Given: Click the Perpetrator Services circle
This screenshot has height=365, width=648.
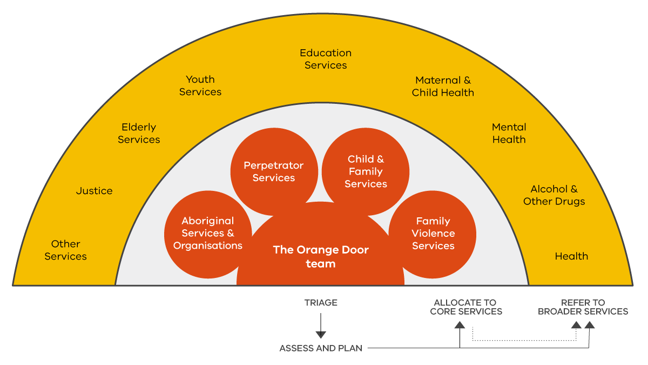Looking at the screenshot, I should [274, 171].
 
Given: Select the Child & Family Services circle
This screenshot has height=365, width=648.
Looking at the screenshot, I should [366, 171].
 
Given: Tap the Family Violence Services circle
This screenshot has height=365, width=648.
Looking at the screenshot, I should [433, 234].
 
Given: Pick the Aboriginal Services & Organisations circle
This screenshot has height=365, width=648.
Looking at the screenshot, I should [208, 234].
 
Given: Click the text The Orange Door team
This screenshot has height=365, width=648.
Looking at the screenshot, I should [321, 256].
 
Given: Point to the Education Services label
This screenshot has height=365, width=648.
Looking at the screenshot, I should [326, 59].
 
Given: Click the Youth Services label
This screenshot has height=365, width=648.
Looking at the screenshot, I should [200, 85].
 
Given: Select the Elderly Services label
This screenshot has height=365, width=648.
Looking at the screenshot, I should [139, 133].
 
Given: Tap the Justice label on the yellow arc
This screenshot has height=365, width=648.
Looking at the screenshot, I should [94, 191].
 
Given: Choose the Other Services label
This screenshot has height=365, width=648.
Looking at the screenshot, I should [66, 250].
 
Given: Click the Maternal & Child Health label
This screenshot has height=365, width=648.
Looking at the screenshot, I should [443, 87].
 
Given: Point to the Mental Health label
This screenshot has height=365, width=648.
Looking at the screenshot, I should [509, 133].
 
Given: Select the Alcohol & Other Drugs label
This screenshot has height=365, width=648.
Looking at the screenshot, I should [554, 195].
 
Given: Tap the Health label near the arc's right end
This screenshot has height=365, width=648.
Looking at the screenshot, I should [571, 256].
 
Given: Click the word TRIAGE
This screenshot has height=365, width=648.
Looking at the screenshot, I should [321, 303].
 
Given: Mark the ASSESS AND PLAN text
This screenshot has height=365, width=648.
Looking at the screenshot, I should [321, 348].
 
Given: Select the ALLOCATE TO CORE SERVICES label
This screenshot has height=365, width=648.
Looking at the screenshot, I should [466, 307].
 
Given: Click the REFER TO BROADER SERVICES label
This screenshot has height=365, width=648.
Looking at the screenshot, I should [583, 307].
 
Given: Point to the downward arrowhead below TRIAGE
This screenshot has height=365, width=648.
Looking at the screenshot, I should [321, 334].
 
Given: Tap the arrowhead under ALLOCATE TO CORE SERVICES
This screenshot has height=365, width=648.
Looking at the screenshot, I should [460, 324].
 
